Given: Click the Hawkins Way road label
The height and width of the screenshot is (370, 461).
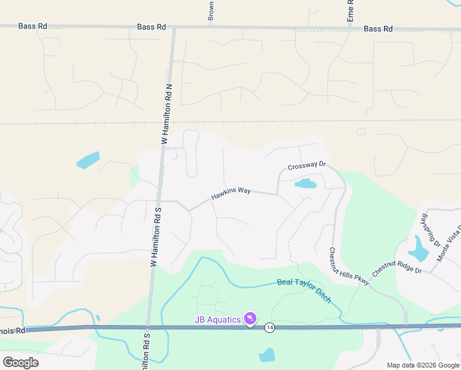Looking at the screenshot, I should tap(230, 194).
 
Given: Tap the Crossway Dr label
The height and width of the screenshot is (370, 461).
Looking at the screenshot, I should tap(306, 165).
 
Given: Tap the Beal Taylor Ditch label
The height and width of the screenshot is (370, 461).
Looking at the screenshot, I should tap(304, 290).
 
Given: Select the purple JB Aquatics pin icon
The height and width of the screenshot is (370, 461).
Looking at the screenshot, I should tap(250, 318).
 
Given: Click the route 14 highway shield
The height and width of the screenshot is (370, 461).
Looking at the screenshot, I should tap(269, 327).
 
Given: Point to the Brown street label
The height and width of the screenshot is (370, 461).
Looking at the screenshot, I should tap(211, 11).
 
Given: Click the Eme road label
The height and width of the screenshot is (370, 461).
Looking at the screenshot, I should tap(350, 11).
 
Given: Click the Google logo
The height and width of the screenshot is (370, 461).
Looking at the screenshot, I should tap(20, 363).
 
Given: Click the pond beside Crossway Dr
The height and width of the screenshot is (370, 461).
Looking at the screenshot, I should tap(305, 183).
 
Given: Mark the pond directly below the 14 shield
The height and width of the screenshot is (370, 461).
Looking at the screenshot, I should tap(267, 355).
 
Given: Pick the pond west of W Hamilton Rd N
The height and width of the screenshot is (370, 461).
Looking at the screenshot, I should tap(88, 160).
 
